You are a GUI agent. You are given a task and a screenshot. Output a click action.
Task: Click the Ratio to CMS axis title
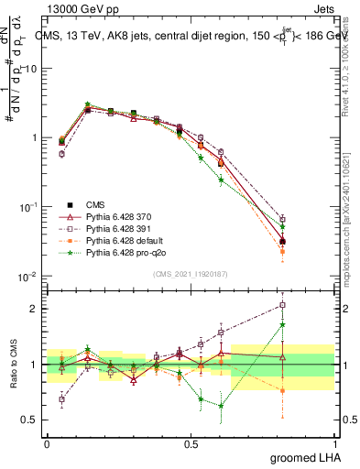click(16, 365)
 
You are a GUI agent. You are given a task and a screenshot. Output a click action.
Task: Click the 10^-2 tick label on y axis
click(29, 277)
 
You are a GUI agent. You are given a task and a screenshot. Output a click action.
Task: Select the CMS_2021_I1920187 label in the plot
click(190, 274)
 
